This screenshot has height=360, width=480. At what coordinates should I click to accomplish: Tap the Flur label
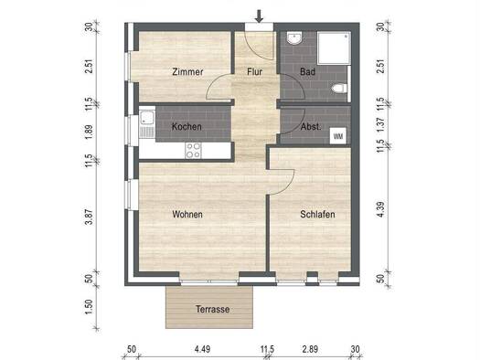(x=254, y=72)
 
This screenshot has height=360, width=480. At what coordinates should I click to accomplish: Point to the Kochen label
(x=187, y=127)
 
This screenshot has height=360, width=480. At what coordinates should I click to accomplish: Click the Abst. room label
(x=311, y=127)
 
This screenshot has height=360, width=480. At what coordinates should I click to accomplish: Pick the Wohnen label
(x=187, y=215)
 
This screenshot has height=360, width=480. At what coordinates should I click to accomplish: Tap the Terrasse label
(x=212, y=310)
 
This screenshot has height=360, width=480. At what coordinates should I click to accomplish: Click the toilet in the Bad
(x=340, y=88)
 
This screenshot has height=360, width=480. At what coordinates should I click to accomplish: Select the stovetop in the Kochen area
(x=194, y=149)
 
